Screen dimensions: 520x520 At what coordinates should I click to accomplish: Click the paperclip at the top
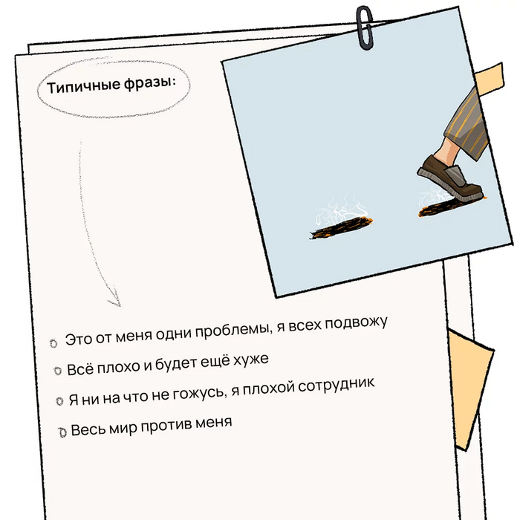(365, 28)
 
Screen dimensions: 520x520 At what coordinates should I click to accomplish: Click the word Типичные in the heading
(83, 85)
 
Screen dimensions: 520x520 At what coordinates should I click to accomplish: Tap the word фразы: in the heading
(150, 82)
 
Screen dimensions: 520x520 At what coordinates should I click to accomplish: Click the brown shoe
(449, 179)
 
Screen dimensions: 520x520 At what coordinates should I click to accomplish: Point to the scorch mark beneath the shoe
(446, 207)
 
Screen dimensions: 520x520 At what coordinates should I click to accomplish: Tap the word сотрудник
(336, 386)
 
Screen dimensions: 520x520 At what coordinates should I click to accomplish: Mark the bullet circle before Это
(53, 343)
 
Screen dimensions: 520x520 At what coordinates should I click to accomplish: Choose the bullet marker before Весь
(62, 432)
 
